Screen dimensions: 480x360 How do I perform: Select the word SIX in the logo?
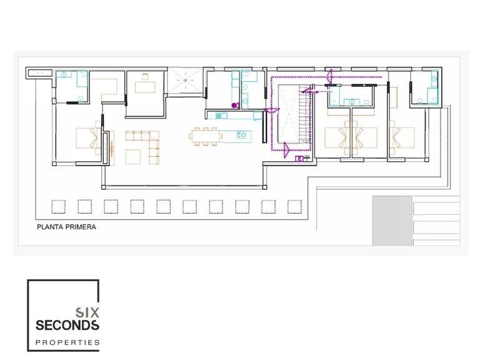coord(87,312)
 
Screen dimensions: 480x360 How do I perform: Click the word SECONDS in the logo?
coord(67,325)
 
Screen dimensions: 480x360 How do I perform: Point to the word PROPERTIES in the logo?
coord(67,342)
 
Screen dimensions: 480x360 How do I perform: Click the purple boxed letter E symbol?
coord(299,159)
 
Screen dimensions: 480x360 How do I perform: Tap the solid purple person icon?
coord(235,105)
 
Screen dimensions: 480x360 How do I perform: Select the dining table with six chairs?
coord(206,136)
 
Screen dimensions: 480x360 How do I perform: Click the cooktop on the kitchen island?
coord(241,135)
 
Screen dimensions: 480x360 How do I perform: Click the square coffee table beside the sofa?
coord(133,157)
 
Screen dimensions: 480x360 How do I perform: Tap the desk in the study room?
coord(145,87)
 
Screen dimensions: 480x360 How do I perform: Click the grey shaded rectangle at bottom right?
coord(392,221)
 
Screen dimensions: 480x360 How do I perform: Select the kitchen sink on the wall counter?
coord(219,116)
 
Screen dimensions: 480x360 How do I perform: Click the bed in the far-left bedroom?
coord(88,137)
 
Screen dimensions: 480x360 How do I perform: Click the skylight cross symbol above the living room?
coord(185,80)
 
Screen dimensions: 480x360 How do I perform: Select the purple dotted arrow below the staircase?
coord(286,150)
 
